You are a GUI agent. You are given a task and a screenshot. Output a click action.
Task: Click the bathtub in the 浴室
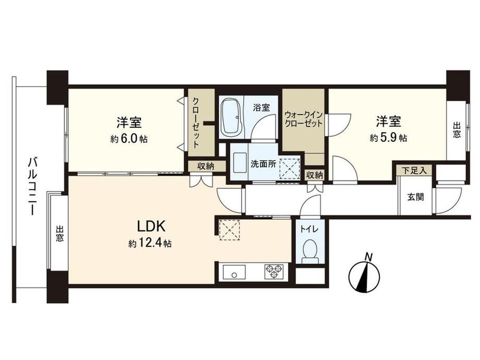point(232,117)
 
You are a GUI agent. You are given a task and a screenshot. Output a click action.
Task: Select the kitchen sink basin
point(234,271)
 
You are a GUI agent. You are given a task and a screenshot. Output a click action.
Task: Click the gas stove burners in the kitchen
point(274,271)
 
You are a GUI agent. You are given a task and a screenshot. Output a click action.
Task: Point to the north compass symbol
point(364,273)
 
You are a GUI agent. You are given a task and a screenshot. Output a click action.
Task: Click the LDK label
point(151,226)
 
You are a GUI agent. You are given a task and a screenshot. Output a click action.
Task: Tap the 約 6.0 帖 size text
point(128,139)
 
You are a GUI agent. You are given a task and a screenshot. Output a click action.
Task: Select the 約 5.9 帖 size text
point(389,138)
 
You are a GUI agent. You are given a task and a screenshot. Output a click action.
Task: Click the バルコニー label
point(32,186)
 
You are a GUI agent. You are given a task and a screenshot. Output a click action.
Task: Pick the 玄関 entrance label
point(415,197)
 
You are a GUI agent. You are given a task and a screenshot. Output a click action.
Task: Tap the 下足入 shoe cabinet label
point(414,171)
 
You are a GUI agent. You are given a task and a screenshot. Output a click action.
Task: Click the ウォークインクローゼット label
point(303,119)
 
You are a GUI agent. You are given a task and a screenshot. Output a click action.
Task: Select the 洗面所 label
point(263,164)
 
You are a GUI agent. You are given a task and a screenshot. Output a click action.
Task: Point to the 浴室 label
point(261,107)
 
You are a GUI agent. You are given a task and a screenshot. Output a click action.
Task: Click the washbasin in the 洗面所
point(239,163)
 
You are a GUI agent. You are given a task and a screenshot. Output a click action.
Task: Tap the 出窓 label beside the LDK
point(59,234)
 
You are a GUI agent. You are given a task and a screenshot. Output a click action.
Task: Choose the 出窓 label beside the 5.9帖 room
point(457,130)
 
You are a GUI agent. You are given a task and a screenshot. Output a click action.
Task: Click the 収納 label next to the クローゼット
point(206,166)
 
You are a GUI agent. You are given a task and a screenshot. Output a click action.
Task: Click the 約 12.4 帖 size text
point(150,243)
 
